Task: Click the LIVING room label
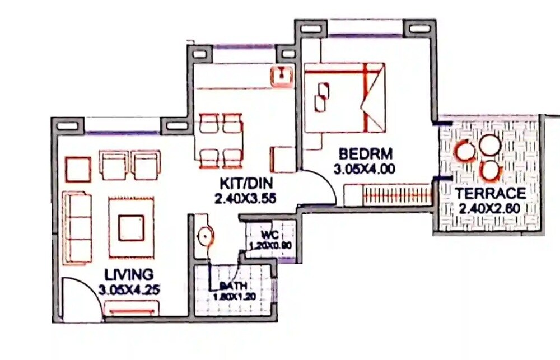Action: point(129,275)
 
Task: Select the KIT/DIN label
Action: point(245,183)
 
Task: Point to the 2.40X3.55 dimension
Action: point(245,197)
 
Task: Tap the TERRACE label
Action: point(490,194)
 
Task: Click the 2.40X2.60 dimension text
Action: point(490,209)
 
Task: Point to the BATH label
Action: point(234,286)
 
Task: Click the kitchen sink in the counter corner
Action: point(282,75)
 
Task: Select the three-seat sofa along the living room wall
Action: point(77,227)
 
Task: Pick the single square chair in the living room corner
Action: point(78,169)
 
